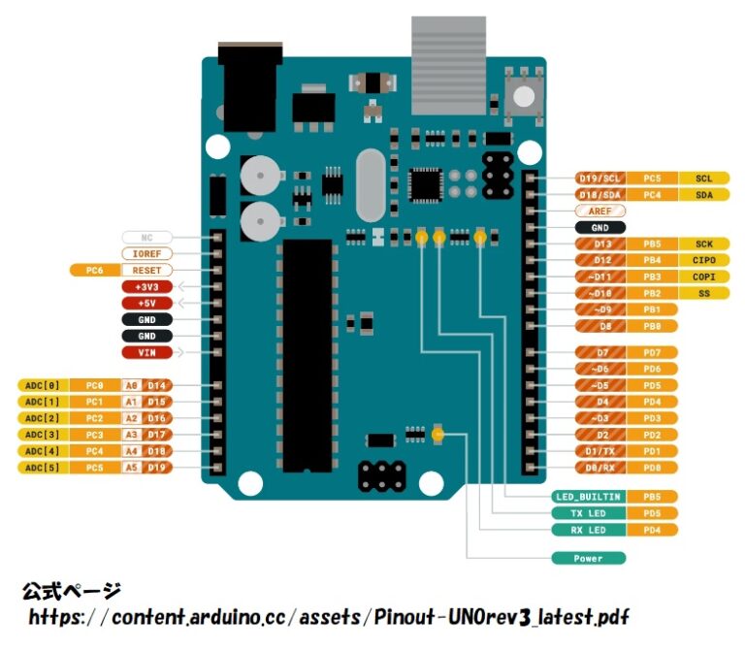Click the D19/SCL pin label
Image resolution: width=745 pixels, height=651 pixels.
coord(599,179)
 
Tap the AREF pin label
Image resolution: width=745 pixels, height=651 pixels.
coord(599,211)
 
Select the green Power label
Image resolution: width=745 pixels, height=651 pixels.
coord(588,559)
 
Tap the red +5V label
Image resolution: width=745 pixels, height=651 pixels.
coord(146,303)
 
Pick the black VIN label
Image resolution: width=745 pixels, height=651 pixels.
coord(146,352)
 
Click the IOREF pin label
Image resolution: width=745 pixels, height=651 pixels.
coord(146,253)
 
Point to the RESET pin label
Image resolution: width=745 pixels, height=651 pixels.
coord(146,270)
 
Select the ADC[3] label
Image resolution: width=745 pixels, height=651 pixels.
coord(44,434)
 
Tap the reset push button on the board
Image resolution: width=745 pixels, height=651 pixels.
coord(524,94)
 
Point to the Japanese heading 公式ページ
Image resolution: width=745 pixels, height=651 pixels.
coord(71,591)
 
